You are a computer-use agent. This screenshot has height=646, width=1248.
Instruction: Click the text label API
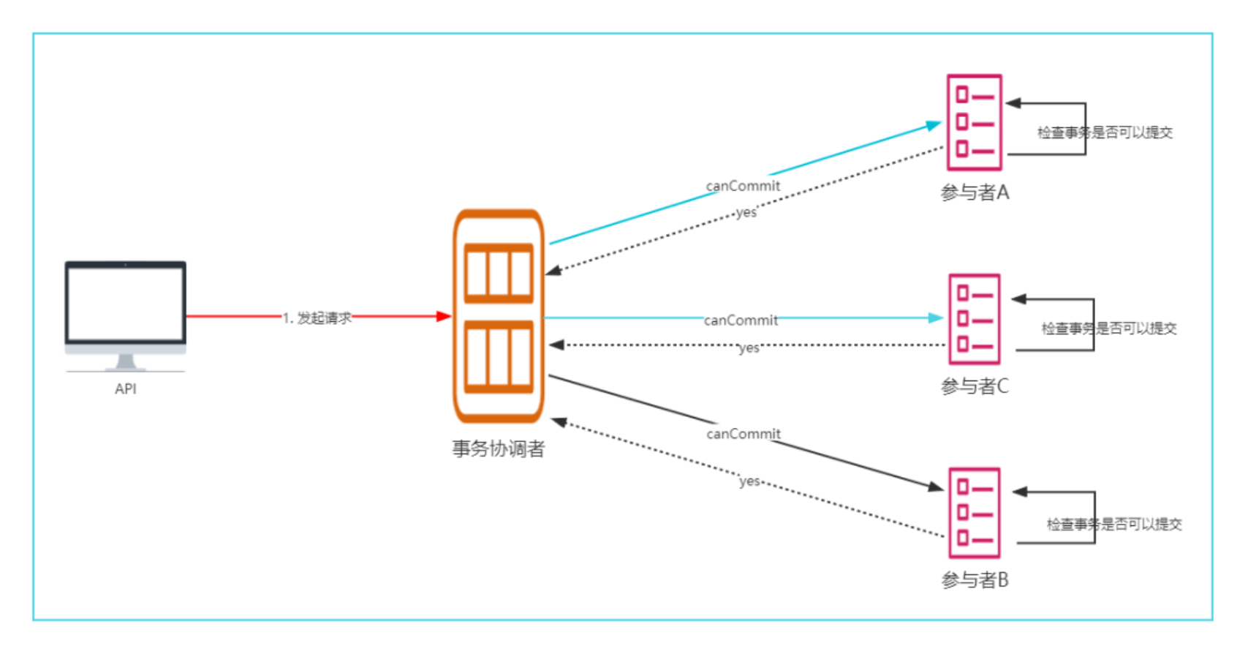pyautogui.click(x=126, y=389)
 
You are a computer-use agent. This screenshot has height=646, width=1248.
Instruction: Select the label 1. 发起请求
pyautogui.click(x=317, y=318)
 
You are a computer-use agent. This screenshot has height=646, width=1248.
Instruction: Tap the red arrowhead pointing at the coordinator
pyautogui.click(x=444, y=316)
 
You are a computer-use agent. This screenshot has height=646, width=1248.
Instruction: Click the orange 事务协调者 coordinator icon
pyautogui.click(x=499, y=316)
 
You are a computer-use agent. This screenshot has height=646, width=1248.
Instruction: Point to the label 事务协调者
pyautogui.click(x=499, y=448)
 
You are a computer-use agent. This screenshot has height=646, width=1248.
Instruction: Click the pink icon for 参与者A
pyautogui.click(x=974, y=122)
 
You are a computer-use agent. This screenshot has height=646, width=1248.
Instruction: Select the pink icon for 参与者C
pyautogui.click(x=974, y=319)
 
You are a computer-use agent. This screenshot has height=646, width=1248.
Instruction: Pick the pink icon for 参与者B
pyautogui.click(x=974, y=513)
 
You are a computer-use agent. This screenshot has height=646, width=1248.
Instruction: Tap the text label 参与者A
pyautogui.click(x=975, y=192)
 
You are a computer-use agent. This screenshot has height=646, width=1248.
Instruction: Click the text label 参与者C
pyautogui.click(x=975, y=386)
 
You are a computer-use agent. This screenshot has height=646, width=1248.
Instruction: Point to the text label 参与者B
pyautogui.click(x=975, y=580)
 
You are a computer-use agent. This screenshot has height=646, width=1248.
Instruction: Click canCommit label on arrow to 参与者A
pyautogui.click(x=743, y=186)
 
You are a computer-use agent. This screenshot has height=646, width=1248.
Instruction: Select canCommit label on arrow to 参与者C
pyautogui.click(x=741, y=320)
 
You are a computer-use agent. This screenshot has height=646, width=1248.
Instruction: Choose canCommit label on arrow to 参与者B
pyautogui.click(x=744, y=434)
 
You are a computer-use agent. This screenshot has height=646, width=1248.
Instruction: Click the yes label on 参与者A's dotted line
pyautogui.click(x=746, y=212)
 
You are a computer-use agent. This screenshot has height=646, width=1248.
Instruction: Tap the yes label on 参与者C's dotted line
pyautogui.click(x=749, y=348)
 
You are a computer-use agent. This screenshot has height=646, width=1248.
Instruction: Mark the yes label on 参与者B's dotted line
pyautogui.click(x=749, y=481)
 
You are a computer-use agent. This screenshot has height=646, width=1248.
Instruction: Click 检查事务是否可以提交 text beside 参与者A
pyautogui.click(x=1105, y=132)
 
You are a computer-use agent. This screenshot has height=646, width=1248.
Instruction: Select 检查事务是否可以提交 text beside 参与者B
pyautogui.click(x=1114, y=524)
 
